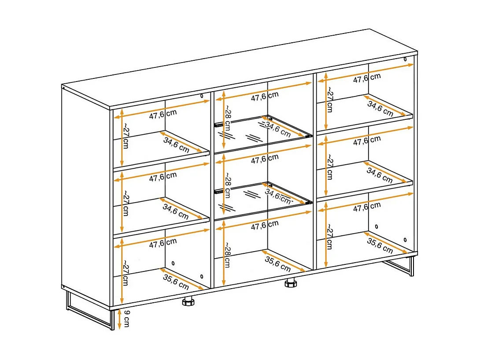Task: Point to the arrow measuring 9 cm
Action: pos(120,319)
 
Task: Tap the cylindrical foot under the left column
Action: pos(188,301)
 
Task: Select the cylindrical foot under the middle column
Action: pos(291,283)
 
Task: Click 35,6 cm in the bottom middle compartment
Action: pos(278,264)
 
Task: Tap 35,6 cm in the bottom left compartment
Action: pos(176,282)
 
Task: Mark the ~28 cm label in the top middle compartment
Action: pos(227,118)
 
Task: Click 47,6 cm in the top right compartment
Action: pos(367,78)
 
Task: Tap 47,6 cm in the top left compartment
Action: pos(163,114)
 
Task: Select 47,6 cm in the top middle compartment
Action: pos(265,96)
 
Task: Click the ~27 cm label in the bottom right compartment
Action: pos(329,237)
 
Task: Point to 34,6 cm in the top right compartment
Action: pos(380,108)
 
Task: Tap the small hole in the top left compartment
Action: pos(202,96)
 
